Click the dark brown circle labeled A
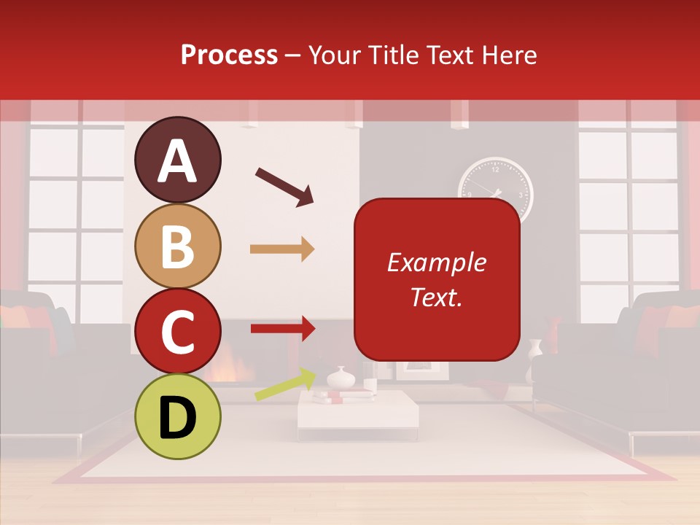tap(177, 160)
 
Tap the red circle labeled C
tap(177, 331)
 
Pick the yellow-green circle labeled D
tap(177, 416)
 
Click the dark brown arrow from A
tap(284, 187)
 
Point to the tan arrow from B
tap(282, 249)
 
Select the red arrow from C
tap(282, 328)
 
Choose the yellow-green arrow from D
tap(285, 385)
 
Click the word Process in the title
tap(229, 55)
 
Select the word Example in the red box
tap(436, 262)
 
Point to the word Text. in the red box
tap(436, 297)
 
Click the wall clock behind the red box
tap(496, 187)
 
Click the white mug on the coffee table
tap(370, 385)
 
